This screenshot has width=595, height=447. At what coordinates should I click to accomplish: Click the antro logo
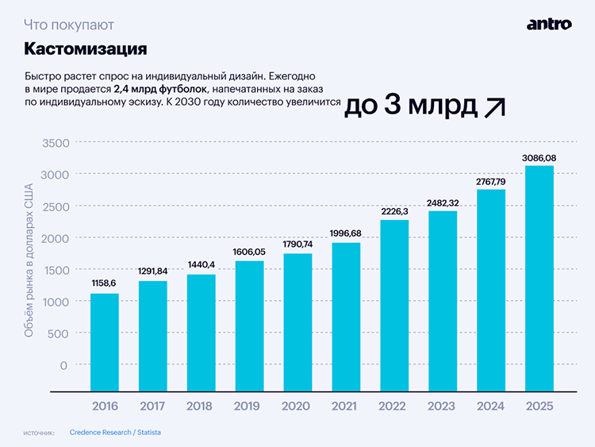(549, 24)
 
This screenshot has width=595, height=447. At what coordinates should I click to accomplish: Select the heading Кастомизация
(86, 49)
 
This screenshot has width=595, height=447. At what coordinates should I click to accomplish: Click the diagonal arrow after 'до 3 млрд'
(494, 107)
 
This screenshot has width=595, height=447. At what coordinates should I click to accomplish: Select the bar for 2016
(105, 341)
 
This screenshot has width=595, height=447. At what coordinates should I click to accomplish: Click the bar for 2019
(249, 326)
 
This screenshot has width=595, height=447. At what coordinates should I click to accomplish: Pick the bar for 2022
(394, 305)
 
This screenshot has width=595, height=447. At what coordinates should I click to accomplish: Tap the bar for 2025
(539, 278)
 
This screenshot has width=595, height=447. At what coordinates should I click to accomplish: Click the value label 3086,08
(539, 158)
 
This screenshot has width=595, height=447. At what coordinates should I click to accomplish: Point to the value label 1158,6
(105, 283)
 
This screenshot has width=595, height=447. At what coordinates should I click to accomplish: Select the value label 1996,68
(346, 233)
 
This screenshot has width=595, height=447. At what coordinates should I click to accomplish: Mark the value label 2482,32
(443, 203)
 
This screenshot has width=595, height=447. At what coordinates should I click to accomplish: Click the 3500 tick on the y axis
(55, 143)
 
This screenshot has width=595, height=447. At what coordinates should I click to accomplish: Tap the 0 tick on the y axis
(64, 365)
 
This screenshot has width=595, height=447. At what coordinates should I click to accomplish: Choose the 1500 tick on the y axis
(55, 270)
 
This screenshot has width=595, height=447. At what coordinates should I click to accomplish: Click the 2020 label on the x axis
(297, 406)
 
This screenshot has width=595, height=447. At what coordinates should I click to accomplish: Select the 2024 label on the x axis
(491, 406)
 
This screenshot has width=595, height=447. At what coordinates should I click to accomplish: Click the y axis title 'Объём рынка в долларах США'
(29, 261)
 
